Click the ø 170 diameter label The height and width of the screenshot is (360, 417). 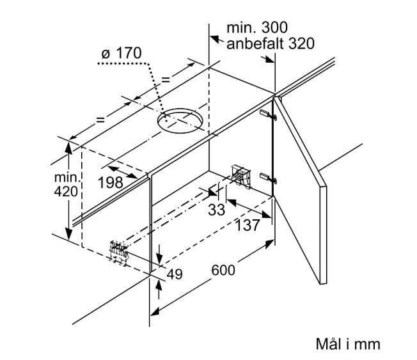pyautogui.click(x=122, y=53)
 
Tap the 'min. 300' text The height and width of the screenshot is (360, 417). pyautogui.click(x=257, y=27)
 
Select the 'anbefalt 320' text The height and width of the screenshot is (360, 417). pyautogui.click(x=270, y=43)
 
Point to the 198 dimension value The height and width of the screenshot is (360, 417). pyautogui.click(x=111, y=183)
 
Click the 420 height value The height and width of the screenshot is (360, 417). pyautogui.click(x=66, y=191)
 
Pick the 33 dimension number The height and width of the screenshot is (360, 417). pyautogui.click(x=216, y=210)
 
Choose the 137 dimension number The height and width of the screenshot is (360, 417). pyautogui.click(x=248, y=226)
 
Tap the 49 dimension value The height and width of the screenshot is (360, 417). pyautogui.click(x=175, y=274)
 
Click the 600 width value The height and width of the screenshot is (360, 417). pyautogui.click(x=223, y=270)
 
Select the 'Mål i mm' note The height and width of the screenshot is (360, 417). pyautogui.click(x=348, y=344)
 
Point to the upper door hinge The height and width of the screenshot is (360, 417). pyautogui.click(x=268, y=114)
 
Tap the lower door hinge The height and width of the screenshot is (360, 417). pyautogui.click(x=268, y=178)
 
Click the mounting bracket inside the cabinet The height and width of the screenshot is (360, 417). pyautogui.click(x=240, y=175)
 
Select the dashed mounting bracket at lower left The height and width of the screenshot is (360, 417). pyautogui.click(x=119, y=252)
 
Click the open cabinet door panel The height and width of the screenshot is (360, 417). pyautogui.click(x=301, y=190)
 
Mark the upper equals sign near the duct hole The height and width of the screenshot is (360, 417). pyautogui.click(x=166, y=79)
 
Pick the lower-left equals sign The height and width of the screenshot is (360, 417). pyautogui.click(x=100, y=120)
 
